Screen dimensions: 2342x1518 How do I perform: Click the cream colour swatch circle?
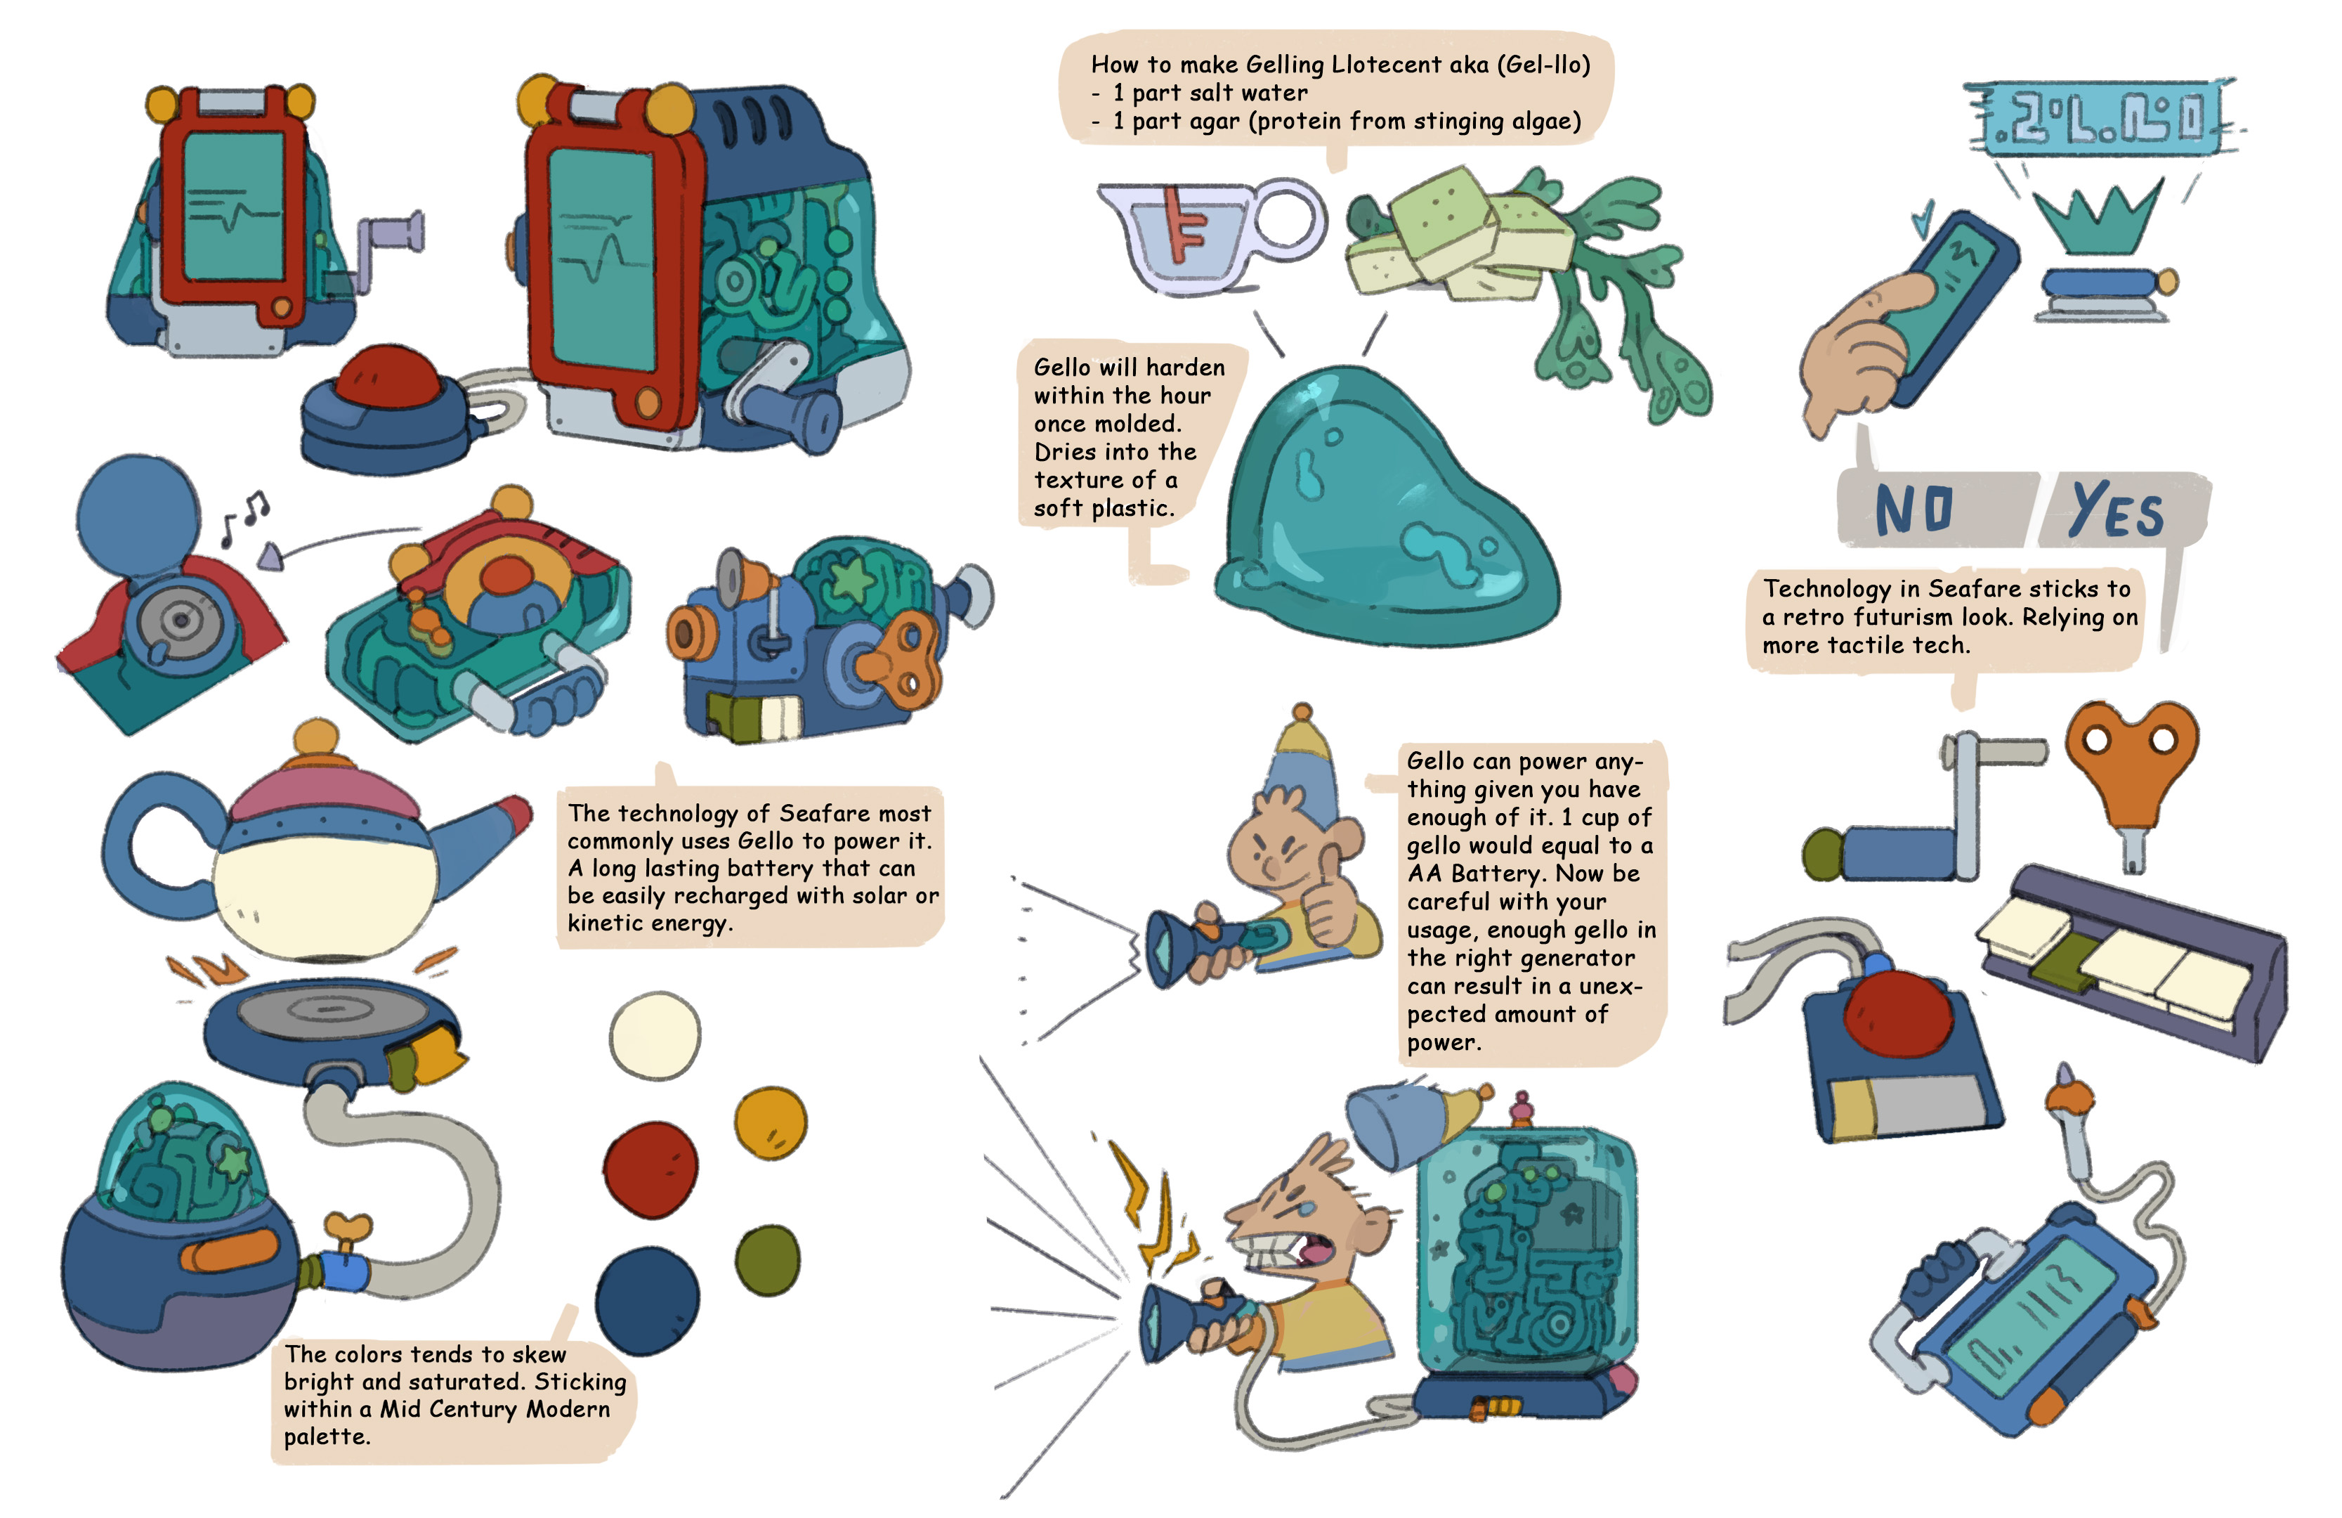click(655, 1034)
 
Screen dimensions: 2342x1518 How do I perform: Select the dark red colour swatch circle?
click(650, 1169)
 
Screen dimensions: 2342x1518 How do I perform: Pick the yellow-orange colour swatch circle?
click(771, 1123)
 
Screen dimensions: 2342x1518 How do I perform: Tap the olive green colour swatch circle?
click(768, 1261)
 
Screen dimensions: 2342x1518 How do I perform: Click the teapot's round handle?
click(148, 847)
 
